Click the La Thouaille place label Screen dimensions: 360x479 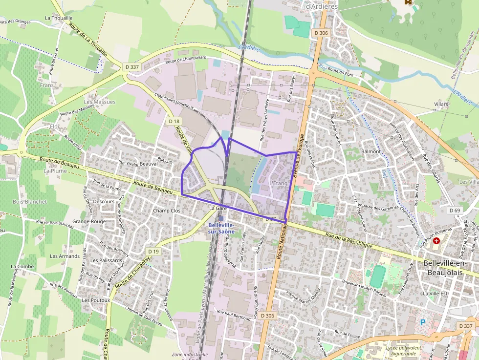coord(59,18)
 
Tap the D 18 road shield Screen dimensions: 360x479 coord(174,121)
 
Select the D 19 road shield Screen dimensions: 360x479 coord(153,252)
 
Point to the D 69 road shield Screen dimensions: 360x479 coord(455,210)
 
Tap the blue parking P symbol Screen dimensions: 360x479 coord(423,322)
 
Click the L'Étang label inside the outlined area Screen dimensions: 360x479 coord(279,183)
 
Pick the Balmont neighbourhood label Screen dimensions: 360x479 coord(370,151)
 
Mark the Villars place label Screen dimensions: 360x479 coord(441,105)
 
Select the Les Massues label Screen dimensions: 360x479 coord(100,102)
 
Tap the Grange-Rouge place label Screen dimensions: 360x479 coord(89,221)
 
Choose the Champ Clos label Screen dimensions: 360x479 coord(167,211)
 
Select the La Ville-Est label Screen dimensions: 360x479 coord(435,294)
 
